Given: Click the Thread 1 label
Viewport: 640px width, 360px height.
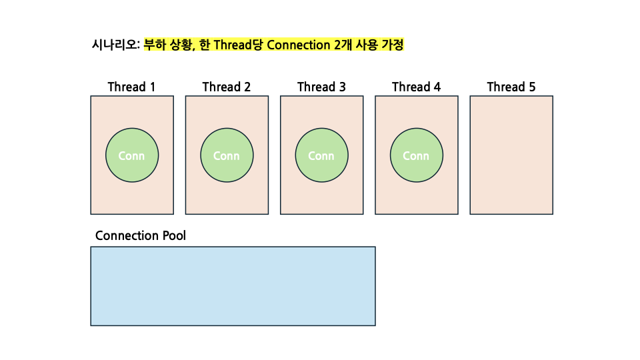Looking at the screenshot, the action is pos(131,87).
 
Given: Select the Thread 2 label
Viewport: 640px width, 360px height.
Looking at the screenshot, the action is pos(227,87).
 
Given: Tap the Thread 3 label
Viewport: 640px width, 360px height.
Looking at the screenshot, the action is pos(321,87).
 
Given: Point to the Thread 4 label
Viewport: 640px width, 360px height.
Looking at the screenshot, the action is pos(416,87).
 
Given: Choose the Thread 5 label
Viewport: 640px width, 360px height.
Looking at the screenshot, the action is pos(511,87).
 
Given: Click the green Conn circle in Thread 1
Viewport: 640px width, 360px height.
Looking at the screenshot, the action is pos(131,155).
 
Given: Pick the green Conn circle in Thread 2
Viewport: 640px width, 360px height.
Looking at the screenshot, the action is pos(227,155).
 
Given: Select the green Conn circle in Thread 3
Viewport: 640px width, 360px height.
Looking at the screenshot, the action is pos(321,155).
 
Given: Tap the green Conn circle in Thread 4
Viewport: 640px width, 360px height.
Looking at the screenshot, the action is pos(416,155).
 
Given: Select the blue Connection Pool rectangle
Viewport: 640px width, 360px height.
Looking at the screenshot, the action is pos(233,286).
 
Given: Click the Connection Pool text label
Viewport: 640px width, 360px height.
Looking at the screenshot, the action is pos(141,236).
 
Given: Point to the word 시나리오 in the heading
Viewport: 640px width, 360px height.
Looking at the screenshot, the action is pos(115,45).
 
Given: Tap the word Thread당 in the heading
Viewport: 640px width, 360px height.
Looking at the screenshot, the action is pos(239,45).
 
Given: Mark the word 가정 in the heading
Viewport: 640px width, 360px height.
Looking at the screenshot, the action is pos(392,45).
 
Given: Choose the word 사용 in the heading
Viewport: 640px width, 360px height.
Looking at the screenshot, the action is pos(367,45).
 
